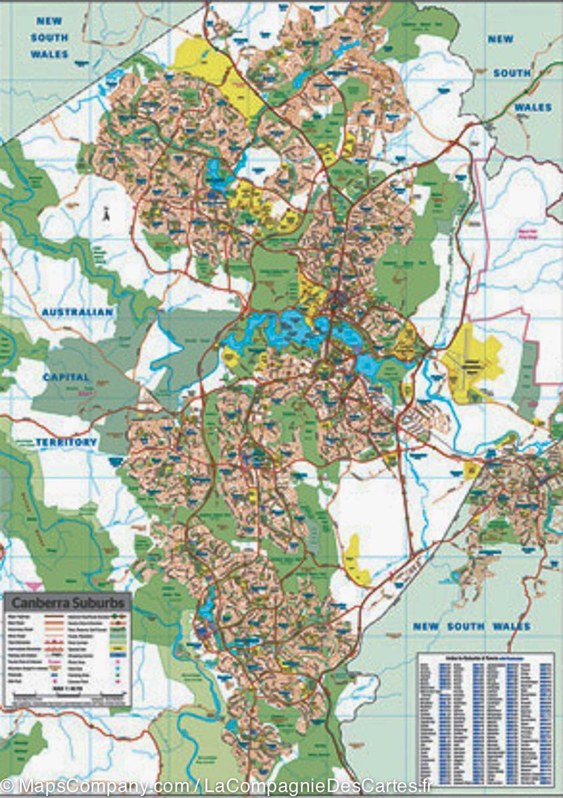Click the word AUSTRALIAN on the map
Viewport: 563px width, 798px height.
pos(77,312)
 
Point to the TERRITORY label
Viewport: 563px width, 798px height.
pos(66,442)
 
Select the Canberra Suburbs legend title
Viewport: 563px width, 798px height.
pos(67,603)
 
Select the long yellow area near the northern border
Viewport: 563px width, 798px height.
pos(219,73)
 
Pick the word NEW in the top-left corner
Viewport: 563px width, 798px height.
pos(49,21)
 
